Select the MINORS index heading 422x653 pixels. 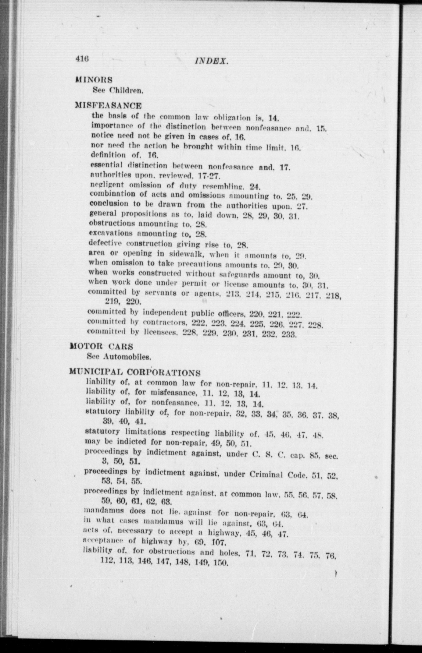tap(94, 80)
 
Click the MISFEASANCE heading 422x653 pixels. tap(108, 106)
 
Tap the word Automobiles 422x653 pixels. tap(127, 356)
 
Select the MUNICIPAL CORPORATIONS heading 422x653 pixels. tap(135, 372)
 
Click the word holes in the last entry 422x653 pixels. tap(229, 552)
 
